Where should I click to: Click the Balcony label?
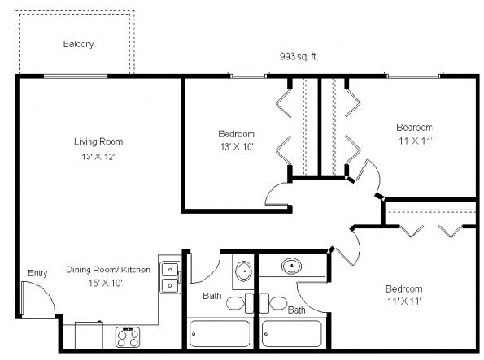(x=78, y=44)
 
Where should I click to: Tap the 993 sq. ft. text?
(x=299, y=56)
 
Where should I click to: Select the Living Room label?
(x=98, y=141)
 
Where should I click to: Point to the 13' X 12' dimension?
(x=98, y=157)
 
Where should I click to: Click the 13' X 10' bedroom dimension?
(x=237, y=147)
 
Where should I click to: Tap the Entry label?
(x=37, y=273)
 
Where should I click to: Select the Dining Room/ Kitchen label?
(x=108, y=270)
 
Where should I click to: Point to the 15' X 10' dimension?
(x=106, y=283)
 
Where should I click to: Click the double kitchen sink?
(x=170, y=277)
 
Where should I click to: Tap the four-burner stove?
(x=128, y=337)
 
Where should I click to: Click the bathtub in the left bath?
(x=220, y=334)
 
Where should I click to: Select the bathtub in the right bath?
(x=292, y=334)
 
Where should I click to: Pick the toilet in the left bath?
(x=240, y=303)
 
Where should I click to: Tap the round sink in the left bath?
(x=244, y=271)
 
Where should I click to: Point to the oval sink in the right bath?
(x=291, y=267)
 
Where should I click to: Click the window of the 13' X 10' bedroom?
(x=248, y=75)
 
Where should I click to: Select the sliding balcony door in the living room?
(x=76, y=76)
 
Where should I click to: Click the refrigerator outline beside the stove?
(x=89, y=336)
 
